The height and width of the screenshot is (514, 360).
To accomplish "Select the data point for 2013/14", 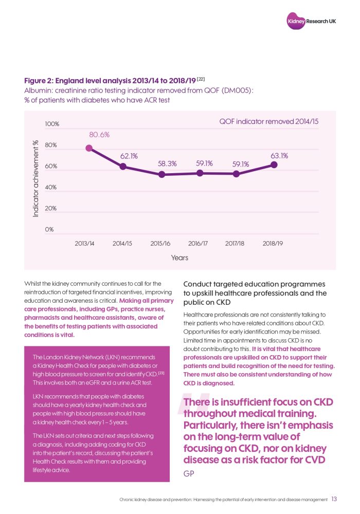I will coord(89,148).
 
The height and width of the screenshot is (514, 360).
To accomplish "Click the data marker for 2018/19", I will coord(274,164).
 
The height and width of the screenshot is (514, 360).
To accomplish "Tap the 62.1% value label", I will coord(129,155).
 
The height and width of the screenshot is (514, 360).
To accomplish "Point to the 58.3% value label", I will coord(167,163).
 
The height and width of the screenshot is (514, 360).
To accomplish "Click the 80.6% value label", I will coord(99,135).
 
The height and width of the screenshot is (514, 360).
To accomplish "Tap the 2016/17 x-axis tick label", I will coord(198,243).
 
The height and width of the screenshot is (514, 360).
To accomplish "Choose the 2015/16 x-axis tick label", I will coord(160,243).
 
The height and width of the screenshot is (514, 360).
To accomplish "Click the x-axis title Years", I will coord(179,258).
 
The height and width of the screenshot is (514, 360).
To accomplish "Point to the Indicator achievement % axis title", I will coord(36,178).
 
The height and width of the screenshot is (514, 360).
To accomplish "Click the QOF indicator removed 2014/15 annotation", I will coord(269,122).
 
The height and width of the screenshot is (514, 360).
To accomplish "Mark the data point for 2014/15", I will coord(123,166).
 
